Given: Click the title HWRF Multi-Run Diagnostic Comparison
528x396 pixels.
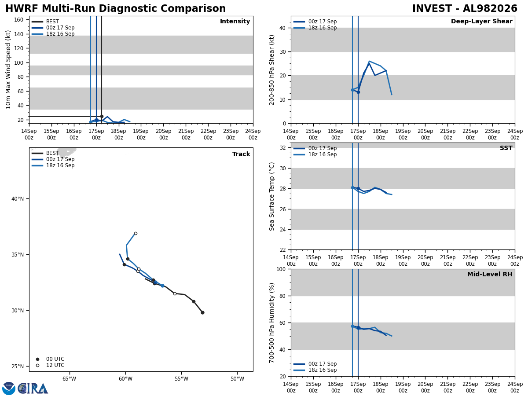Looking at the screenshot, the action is click(115, 8).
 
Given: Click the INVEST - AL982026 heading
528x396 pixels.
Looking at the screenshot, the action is click(465, 8).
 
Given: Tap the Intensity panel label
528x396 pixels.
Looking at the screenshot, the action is click(235, 21).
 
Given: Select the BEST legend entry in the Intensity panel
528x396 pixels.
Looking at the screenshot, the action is click(45, 22).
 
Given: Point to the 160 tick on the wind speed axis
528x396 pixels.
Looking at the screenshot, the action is click(19, 20).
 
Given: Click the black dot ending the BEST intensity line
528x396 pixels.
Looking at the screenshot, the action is click(102, 116).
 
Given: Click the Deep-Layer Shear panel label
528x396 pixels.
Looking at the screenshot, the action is click(481, 21).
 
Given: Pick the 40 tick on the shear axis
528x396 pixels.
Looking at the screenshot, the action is click(282, 28).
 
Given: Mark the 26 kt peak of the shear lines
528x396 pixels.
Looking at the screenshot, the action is click(369, 61).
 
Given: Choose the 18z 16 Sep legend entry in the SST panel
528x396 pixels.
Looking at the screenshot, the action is click(315, 154).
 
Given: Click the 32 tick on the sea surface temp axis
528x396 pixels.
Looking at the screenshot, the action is click(282, 148).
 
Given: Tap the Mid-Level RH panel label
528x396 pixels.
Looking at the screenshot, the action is click(490, 274).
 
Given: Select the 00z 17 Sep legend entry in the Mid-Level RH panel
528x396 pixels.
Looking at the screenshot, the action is click(315, 364).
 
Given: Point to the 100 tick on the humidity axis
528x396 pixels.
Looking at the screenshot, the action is click(281, 269).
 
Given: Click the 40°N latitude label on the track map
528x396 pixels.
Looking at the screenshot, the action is click(18, 199).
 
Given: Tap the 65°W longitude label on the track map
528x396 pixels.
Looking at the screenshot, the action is click(69, 379).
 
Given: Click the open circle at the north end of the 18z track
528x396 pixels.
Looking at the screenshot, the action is click(136, 234).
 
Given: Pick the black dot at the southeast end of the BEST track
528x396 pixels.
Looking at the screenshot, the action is click(202, 312).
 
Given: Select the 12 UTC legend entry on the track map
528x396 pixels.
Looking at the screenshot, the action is click(50, 365).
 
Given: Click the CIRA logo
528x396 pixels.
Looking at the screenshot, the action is click(33, 389).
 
